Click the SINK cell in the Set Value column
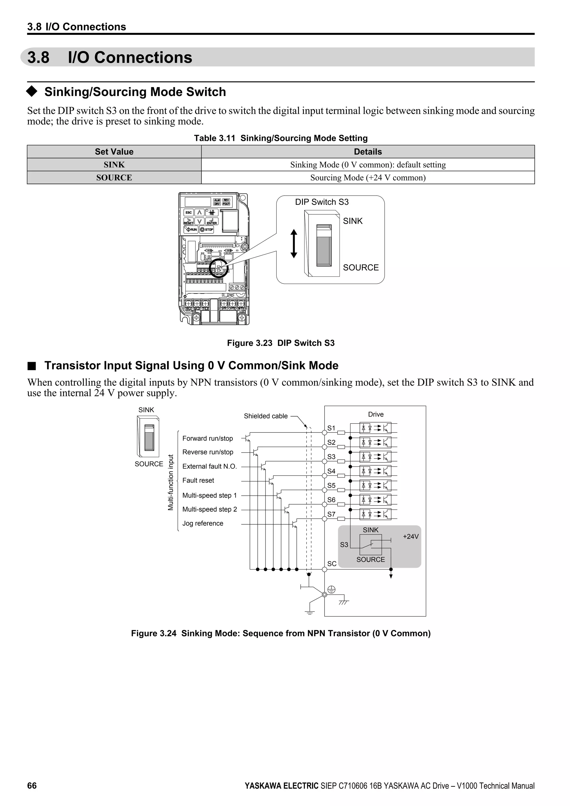[x=114, y=165]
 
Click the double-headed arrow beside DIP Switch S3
[x=294, y=244]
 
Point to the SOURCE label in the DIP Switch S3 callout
[x=360, y=267]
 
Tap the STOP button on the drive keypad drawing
[x=207, y=230]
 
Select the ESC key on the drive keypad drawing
[x=188, y=212]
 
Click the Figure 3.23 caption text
[x=281, y=343]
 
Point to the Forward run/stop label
[x=207, y=438]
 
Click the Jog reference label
[x=203, y=524]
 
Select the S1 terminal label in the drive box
[x=331, y=428]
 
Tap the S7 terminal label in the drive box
[x=331, y=514]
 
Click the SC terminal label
[x=332, y=564]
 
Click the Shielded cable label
[x=266, y=416]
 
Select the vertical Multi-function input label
[x=171, y=482]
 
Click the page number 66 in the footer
[x=32, y=786]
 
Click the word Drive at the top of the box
[x=375, y=414]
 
